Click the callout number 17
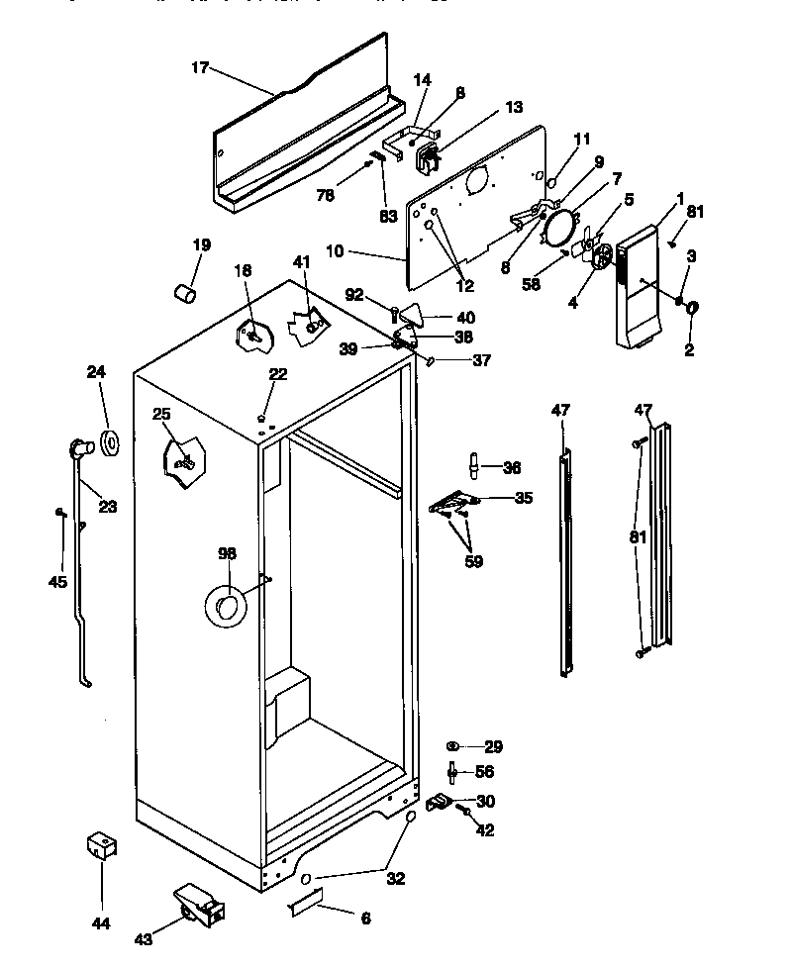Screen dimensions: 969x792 (x=200, y=68)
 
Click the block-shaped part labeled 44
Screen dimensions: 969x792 (x=101, y=846)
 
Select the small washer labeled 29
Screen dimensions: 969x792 (x=452, y=745)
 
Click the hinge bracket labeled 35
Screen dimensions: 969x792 (x=452, y=504)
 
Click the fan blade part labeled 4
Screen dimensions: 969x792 (x=598, y=253)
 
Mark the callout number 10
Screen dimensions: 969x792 (x=334, y=251)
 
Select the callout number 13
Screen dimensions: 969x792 (x=513, y=108)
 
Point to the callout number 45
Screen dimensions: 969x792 (x=57, y=582)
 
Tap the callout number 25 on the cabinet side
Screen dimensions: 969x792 (x=161, y=415)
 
